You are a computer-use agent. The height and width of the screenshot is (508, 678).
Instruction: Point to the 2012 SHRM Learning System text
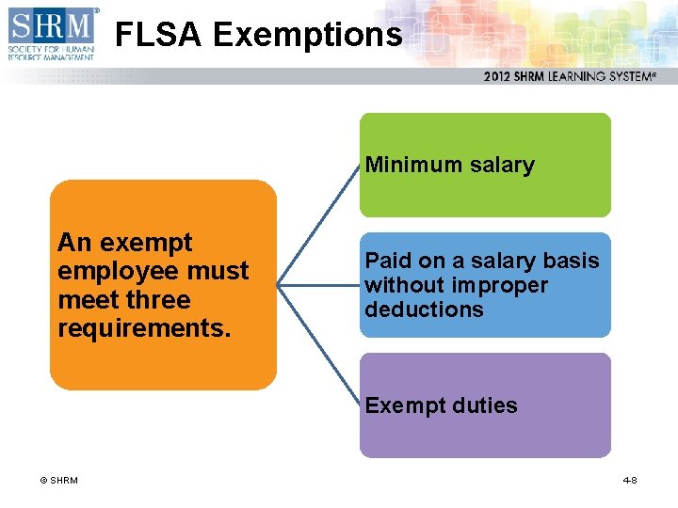[570, 77]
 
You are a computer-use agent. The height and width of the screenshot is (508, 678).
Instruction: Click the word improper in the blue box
[499, 285]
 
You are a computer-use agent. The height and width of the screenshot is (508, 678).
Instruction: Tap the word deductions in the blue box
[424, 310]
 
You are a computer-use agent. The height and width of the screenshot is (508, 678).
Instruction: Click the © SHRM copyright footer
[58, 481]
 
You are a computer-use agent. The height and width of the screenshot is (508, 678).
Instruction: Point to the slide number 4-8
[630, 481]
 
